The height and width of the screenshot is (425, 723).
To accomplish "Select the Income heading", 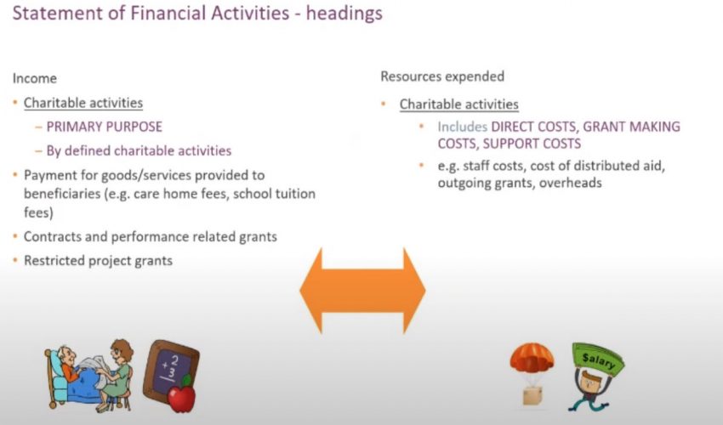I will [34, 78].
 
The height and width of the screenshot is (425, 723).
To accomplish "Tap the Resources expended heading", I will [442, 76].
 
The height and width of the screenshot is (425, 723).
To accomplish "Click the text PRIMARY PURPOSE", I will [104, 127].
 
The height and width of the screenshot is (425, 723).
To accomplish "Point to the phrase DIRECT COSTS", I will [533, 127].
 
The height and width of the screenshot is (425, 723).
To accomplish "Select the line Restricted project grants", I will [98, 260].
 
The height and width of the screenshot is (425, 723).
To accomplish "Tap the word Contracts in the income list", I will [52, 236].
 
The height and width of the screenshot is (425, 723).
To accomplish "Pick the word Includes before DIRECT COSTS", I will [464, 127].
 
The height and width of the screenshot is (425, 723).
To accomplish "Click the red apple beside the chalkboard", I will [182, 393].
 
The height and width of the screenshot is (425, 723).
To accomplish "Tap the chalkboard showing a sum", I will [170, 367].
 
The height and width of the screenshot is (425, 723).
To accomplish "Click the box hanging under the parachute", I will [532, 395].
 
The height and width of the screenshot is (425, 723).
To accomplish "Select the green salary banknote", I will [598, 360].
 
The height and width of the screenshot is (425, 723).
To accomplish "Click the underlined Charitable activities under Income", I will [83, 103].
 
